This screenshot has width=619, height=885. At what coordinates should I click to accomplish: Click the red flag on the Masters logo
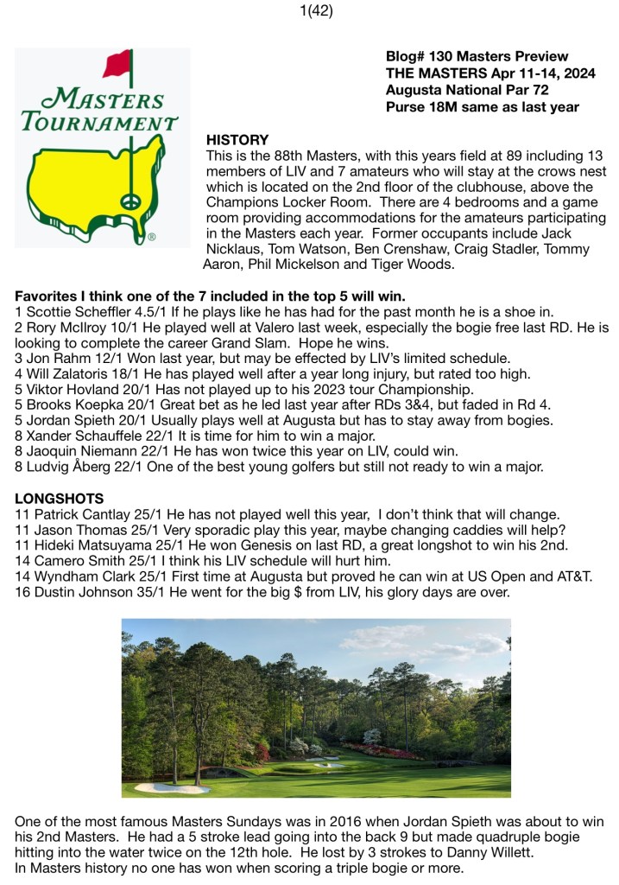coord(117,64)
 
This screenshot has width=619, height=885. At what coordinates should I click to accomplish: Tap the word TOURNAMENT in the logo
coord(99,120)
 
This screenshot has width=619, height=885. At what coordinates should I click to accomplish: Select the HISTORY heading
coord(237,140)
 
